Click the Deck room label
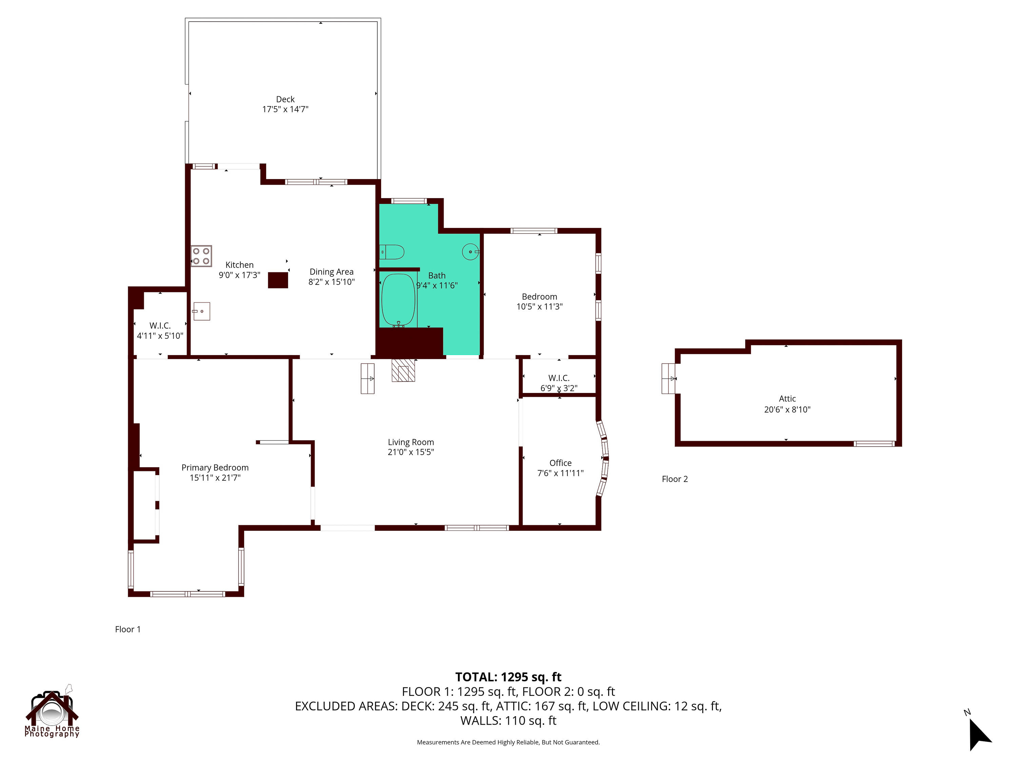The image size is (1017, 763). [x=285, y=99]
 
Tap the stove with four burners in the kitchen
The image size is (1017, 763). [x=201, y=256]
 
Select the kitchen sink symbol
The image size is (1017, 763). [x=201, y=311]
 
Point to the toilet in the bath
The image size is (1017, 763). [x=392, y=252]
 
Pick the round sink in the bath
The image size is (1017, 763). [x=470, y=252]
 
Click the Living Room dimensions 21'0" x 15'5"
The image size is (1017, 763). [x=411, y=452]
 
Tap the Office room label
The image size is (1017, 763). [x=560, y=463]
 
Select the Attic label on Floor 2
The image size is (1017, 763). [x=787, y=399]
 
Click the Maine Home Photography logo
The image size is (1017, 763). [x=52, y=712]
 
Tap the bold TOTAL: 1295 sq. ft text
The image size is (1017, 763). [x=508, y=677]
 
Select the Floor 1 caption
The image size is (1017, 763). [x=128, y=629]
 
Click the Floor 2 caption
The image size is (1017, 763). [x=675, y=479]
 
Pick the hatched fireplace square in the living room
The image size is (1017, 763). [x=403, y=371]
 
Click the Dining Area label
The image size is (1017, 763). [x=332, y=272]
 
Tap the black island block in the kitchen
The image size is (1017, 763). [x=278, y=280]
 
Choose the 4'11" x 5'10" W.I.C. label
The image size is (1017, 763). [x=160, y=336]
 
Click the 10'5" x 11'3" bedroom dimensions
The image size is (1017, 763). [x=539, y=307]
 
